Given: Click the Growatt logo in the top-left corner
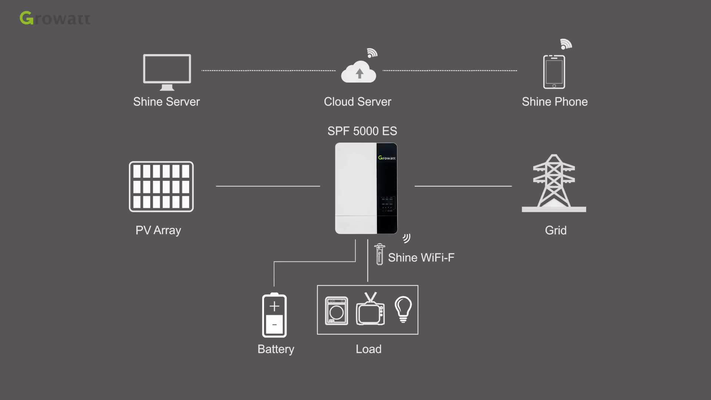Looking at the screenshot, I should tap(55, 18).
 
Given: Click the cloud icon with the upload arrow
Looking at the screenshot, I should tap(358, 72).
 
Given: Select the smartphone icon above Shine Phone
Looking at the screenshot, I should tap(554, 72).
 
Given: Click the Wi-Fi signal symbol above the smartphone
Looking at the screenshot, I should tap(566, 44).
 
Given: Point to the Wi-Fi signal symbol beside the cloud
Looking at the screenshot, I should tap(372, 53).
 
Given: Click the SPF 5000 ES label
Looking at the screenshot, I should tap(362, 131).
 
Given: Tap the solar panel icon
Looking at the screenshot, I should tap(161, 187).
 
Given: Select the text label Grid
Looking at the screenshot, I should tap(555, 230).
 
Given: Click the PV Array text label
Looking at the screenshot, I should tap(158, 230).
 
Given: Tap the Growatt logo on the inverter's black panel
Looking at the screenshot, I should tap(387, 158).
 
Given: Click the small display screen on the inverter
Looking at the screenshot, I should tap(387, 203).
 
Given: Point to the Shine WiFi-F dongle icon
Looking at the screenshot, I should tap(380, 254).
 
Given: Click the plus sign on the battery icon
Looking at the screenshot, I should tap(274, 306).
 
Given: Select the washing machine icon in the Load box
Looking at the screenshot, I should tap(336, 311).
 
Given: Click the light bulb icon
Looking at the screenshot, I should tap(403, 309).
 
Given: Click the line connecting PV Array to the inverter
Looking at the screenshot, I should tap(268, 186).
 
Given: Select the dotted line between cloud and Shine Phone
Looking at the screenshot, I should tap(450, 70).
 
